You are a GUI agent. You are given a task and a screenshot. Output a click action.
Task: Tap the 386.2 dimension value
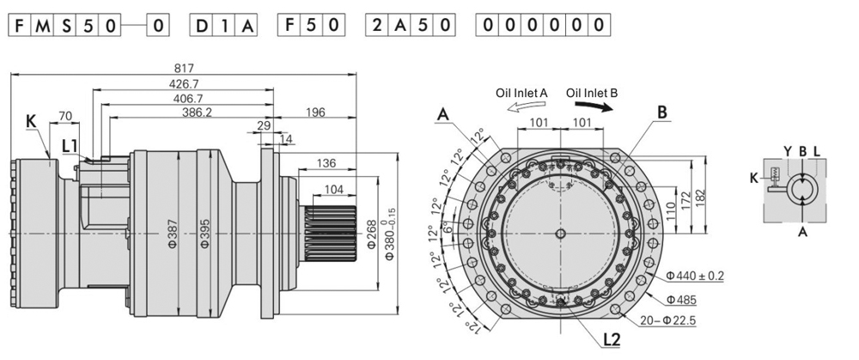click(x=198, y=113)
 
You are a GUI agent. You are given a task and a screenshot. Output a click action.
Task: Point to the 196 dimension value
click(x=314, y=113)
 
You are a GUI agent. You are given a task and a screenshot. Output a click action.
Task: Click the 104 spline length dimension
click(x=333, y=189)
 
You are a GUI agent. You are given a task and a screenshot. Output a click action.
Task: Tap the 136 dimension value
click(x=326, y=163)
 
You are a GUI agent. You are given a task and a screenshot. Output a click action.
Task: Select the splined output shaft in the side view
click(x=327, y=233)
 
